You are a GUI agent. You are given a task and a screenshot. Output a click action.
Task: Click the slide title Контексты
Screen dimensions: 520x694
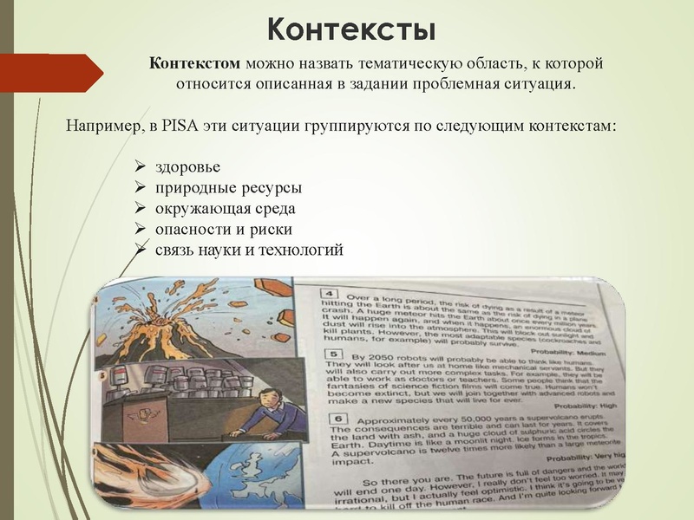click(x=350, y=29)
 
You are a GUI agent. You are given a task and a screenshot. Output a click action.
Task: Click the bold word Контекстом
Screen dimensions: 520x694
click(x=195, y=64)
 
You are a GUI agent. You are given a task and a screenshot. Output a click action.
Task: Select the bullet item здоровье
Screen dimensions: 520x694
click(x=188, y=167)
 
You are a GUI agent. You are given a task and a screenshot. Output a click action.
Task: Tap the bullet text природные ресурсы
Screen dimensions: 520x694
click(x=228, y=188)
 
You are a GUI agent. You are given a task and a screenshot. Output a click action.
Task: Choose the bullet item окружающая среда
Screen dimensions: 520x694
click(x=226, y=209)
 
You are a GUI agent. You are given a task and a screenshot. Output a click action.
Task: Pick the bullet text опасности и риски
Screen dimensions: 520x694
click(x=223, y=230)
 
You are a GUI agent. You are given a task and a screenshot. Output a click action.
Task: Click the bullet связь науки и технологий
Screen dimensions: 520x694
click(x=249, y=250)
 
